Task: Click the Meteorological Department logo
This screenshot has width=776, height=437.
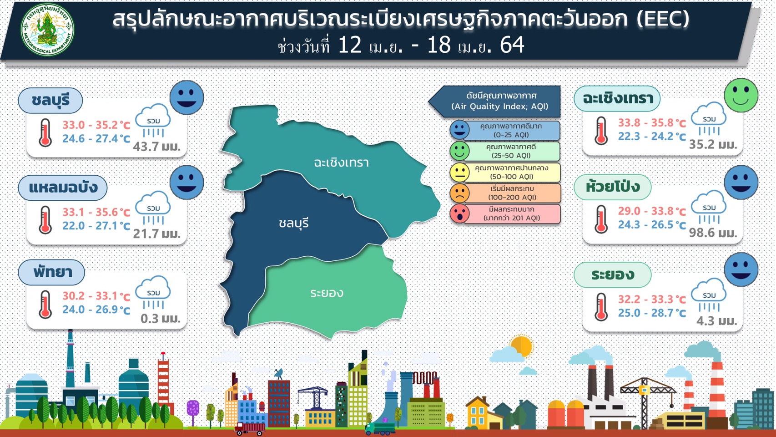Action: coord(47,30)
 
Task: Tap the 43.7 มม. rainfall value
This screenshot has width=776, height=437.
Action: coord(156,147)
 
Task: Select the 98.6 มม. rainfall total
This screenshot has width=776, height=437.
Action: coord(713,232)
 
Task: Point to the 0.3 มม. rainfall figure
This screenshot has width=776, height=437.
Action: coord(161,318)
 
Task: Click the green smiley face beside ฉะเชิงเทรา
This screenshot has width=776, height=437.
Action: coord(741,96)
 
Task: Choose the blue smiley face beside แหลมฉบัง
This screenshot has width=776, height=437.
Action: coord(187,183)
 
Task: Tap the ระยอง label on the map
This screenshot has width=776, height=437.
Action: coord(327,293)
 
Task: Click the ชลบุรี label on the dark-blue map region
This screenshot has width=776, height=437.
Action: coord(293,224)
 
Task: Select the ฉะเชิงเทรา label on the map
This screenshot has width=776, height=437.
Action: coord(341,163)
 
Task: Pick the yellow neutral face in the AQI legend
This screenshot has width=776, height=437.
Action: coord(459,173)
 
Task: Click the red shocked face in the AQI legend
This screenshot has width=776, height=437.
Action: coord(459,214)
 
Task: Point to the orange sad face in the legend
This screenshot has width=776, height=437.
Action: coord(459,193)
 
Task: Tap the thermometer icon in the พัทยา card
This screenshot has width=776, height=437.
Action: coord(45,305)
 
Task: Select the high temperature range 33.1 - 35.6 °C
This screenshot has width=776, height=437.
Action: coord(96,212)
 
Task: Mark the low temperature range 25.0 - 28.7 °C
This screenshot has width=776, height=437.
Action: coord(652,313)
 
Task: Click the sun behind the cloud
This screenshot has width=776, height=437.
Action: coord(522,346)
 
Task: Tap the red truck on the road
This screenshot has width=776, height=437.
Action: coord(250,429)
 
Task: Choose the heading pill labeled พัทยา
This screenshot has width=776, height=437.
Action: coord(51,272)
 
